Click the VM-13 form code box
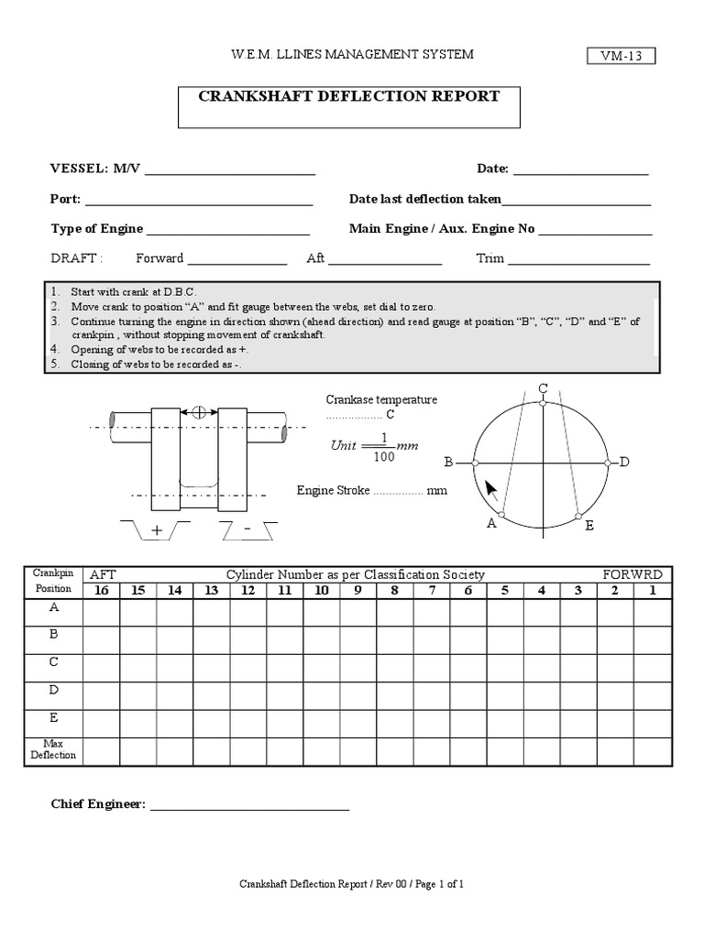point(621,57)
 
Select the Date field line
point(580,172)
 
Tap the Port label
point(64,200)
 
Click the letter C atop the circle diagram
point(543,389)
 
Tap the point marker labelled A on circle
point(500,516)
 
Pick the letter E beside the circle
point(588,525)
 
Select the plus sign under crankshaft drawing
point(155,530)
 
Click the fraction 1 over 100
point(385,446)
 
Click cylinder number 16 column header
point(101,590)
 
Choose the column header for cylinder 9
point(357,590)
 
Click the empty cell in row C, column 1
point(651,662)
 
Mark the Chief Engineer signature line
point(249,808)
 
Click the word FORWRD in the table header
point(632,574)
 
